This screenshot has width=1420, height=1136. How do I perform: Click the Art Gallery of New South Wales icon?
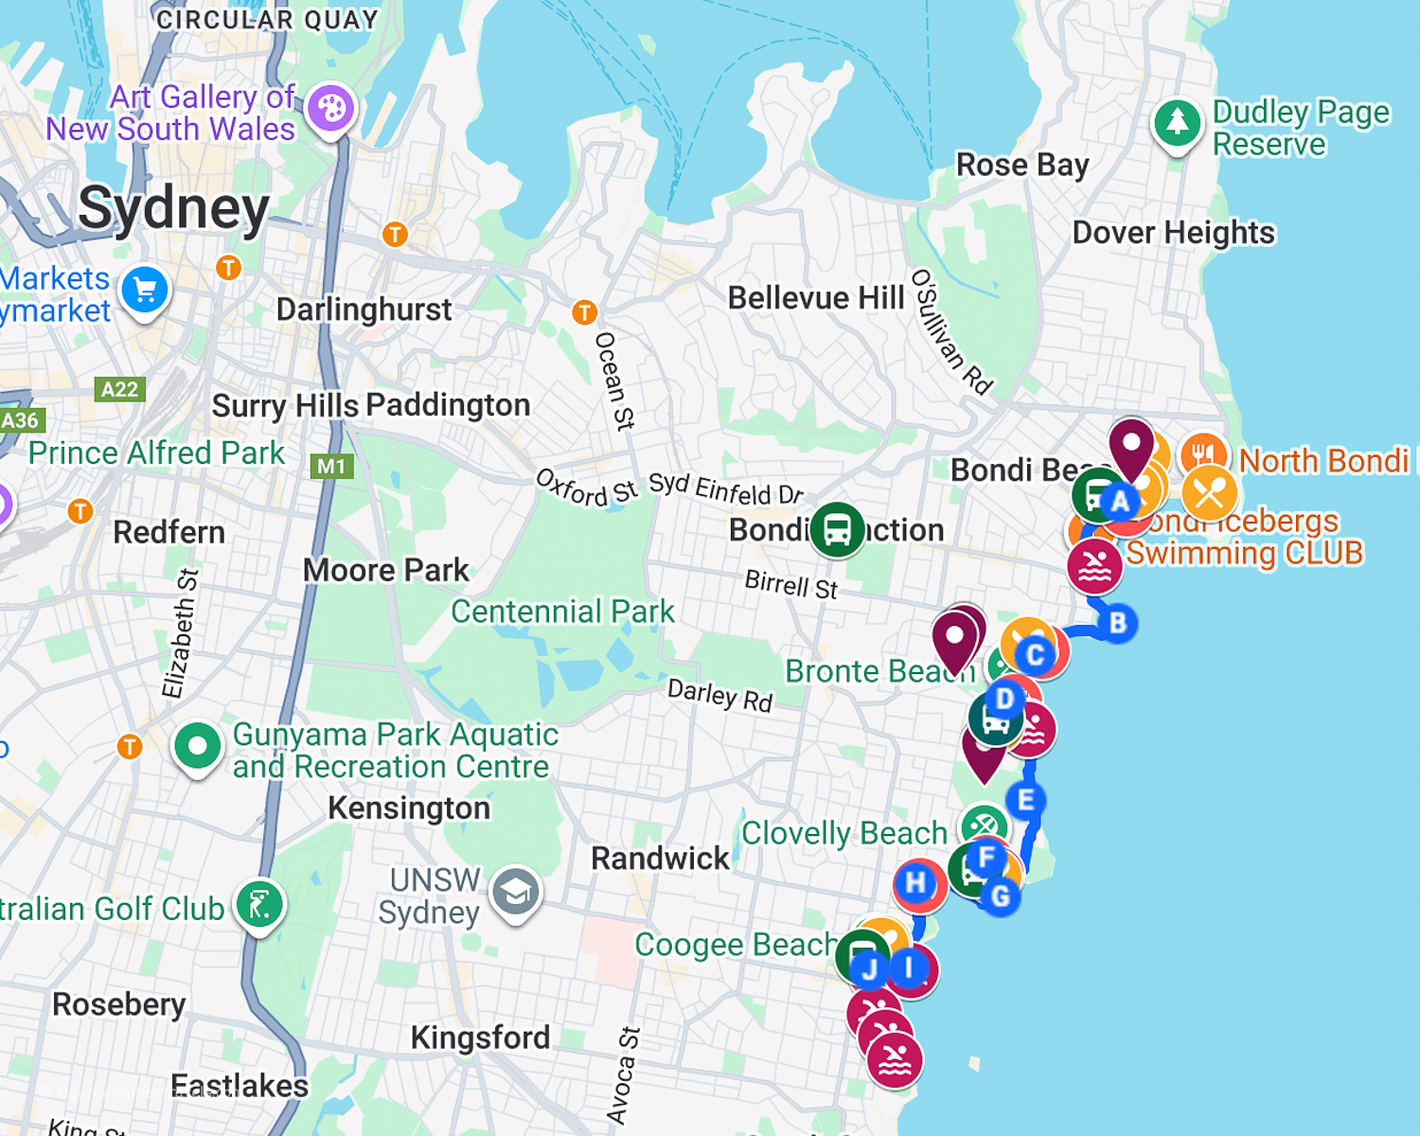[330, 109]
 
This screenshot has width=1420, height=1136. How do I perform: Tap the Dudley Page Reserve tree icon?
[1177, 122]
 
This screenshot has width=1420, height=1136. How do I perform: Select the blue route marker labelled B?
[1118, 623]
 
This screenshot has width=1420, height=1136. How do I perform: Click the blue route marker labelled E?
[1025, 800]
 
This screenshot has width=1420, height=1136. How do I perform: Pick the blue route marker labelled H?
[915, 883]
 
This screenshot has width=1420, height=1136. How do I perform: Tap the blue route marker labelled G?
[1001, 896]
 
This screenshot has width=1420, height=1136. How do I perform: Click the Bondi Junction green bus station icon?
[837, 529]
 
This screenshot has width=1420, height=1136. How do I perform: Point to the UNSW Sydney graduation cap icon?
[516, 892]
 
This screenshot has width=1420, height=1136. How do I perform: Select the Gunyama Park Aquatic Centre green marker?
[197, 747]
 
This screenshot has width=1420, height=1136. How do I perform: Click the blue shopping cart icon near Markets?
[145, 291]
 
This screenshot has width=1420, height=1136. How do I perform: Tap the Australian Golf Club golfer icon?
[259, 905]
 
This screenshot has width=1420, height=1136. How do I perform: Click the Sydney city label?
[174, 208]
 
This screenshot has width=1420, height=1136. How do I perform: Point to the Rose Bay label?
[1022, 165]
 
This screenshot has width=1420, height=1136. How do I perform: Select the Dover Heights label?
[1173, 233]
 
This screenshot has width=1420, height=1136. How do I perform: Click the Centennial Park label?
[562, 612]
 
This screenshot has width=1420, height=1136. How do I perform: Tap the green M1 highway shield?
[331, 466]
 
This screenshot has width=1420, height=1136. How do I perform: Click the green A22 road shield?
[119, 389]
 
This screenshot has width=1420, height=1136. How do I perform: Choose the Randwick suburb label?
[660, 859]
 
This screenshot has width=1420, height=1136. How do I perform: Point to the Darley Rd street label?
[719, 695]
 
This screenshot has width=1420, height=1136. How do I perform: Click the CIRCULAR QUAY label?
[267, 20]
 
